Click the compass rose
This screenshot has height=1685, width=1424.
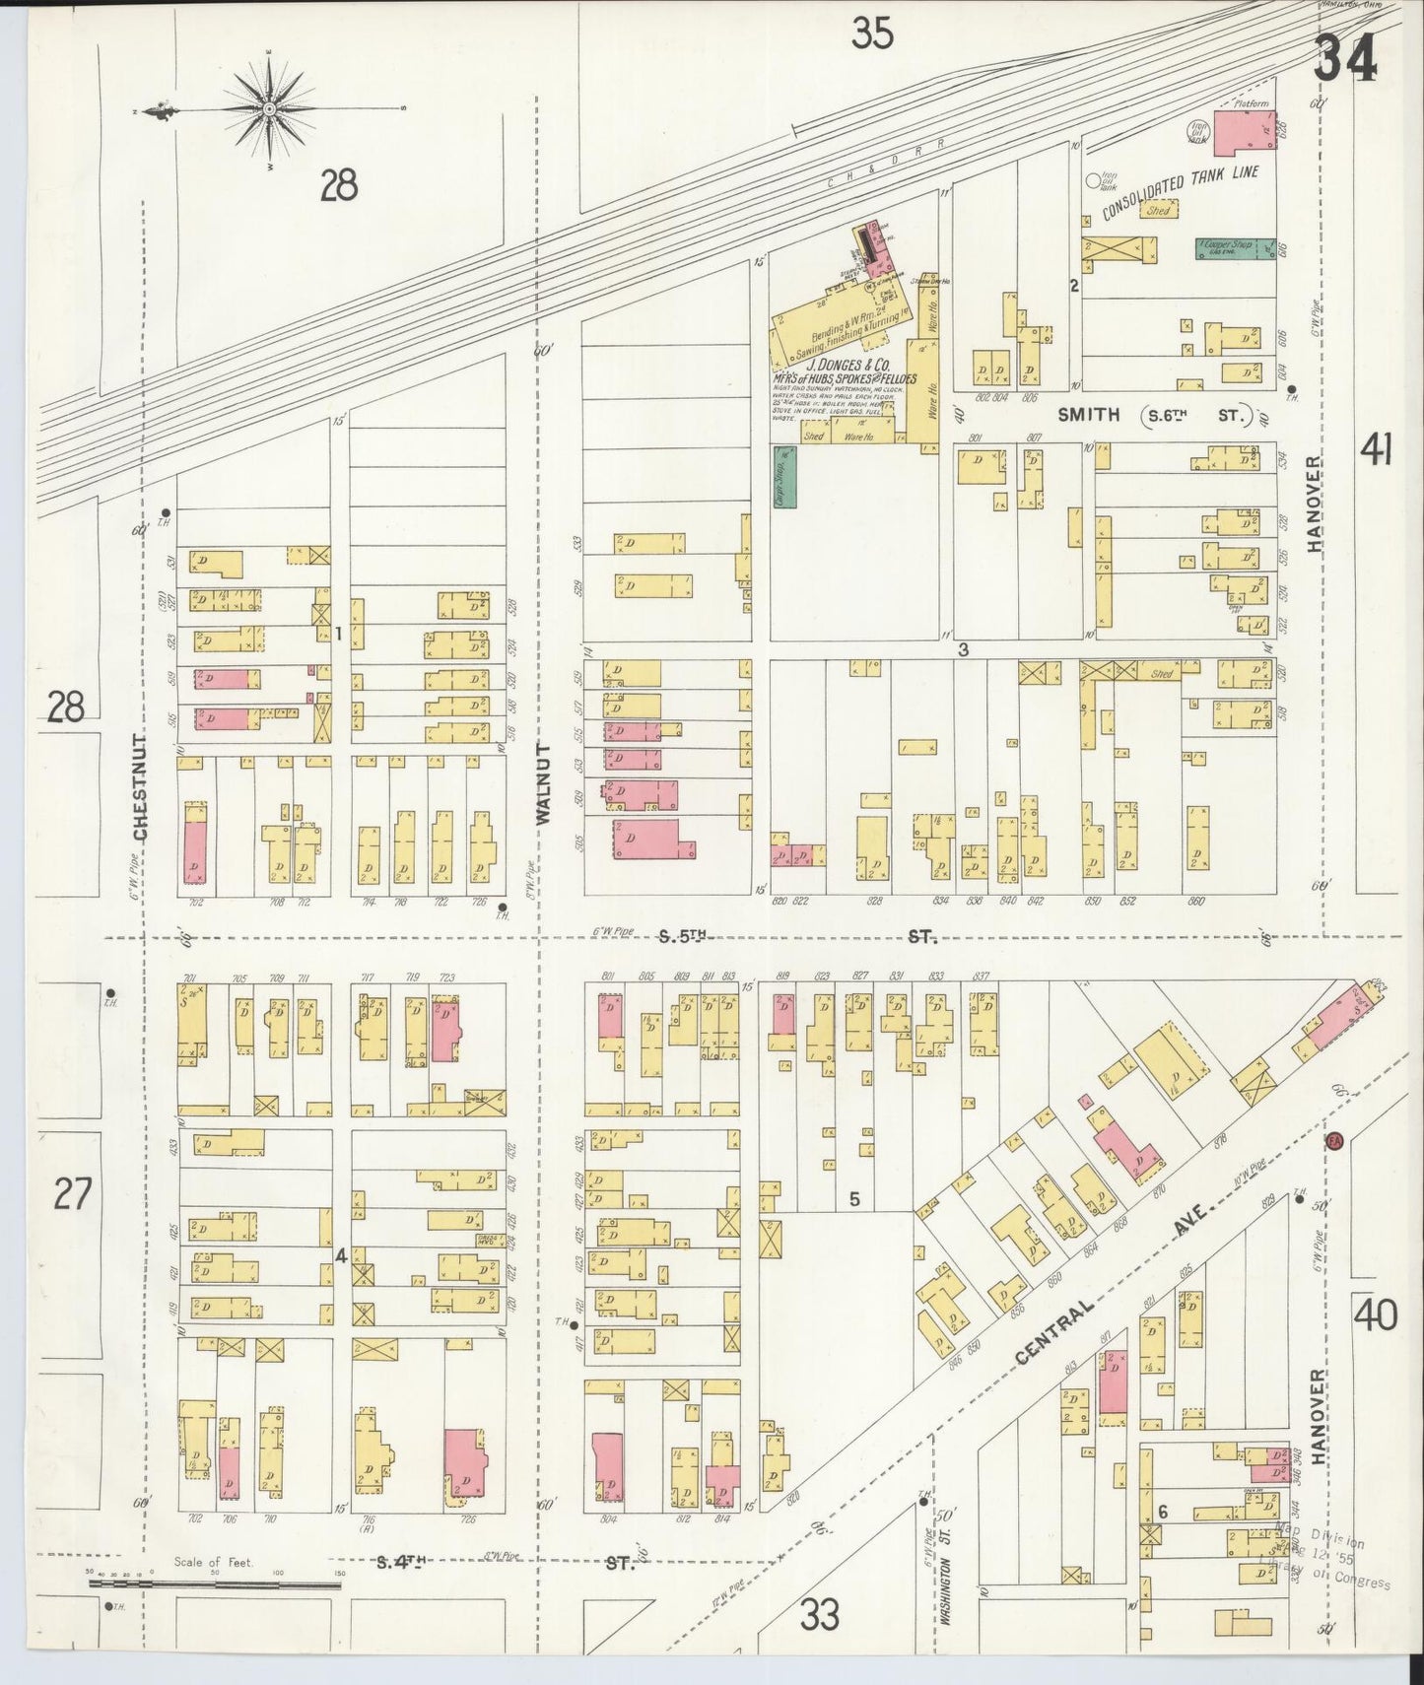tap(268, 107)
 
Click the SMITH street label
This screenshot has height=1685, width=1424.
tap(1088, 415)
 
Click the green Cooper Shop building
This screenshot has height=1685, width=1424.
tap(1223, 248)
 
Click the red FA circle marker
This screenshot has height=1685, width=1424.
tap(1334, 1139)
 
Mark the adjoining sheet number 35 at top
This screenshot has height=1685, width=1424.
tap(873, 34)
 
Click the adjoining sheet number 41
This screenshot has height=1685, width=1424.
tap(1377, 451)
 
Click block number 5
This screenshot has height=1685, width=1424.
tap(854, 1199)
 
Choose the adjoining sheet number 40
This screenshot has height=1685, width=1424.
tap(1376, 1315)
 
